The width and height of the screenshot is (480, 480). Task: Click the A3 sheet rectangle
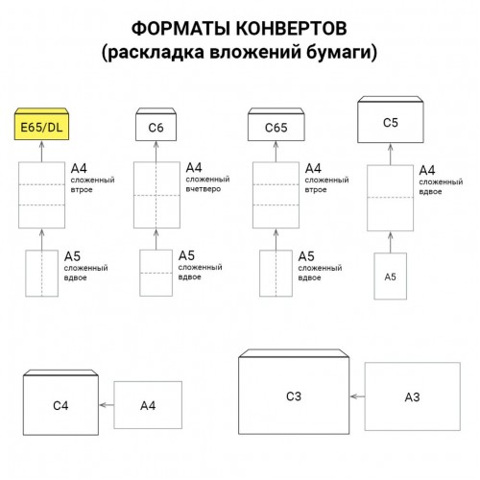point(413,396)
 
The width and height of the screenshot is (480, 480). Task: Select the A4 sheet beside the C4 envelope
point(148,405)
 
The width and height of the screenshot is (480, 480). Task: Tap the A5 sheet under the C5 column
point(391,276)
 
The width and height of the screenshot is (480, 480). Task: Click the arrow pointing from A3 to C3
point(357,396)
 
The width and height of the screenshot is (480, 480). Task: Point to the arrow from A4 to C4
point(107,405)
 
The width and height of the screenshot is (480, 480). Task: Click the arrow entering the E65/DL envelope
point(41,152)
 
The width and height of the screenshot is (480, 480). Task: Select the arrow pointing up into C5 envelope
point(391,155)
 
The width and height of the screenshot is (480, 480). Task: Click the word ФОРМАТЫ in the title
point(180,28)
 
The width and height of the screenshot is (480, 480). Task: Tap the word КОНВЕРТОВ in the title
point(292,28)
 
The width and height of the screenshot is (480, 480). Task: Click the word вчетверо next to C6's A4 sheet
point(204,189)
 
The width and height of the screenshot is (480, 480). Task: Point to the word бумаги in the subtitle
point(342,52)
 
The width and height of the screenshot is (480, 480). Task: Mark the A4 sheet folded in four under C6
point(156,195)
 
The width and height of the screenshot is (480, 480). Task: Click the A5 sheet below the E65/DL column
point(42,274)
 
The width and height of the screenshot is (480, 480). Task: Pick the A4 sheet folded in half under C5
point(391,198)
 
